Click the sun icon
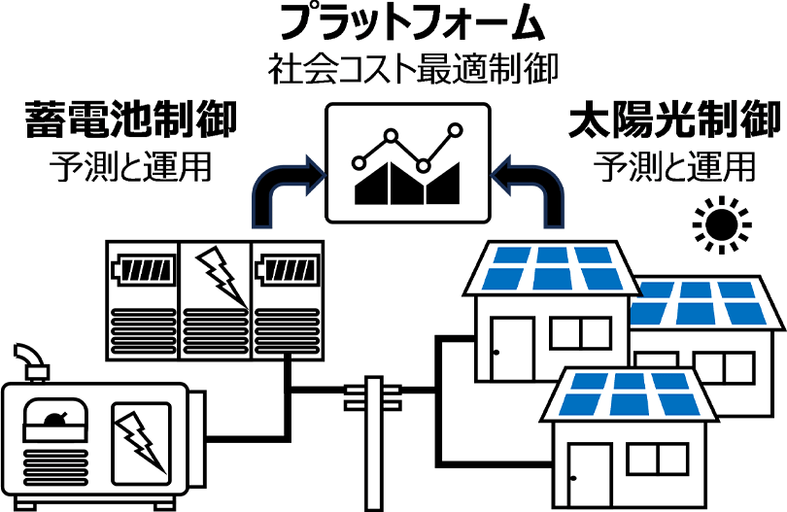[723, 224]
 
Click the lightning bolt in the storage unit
[218, 274]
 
